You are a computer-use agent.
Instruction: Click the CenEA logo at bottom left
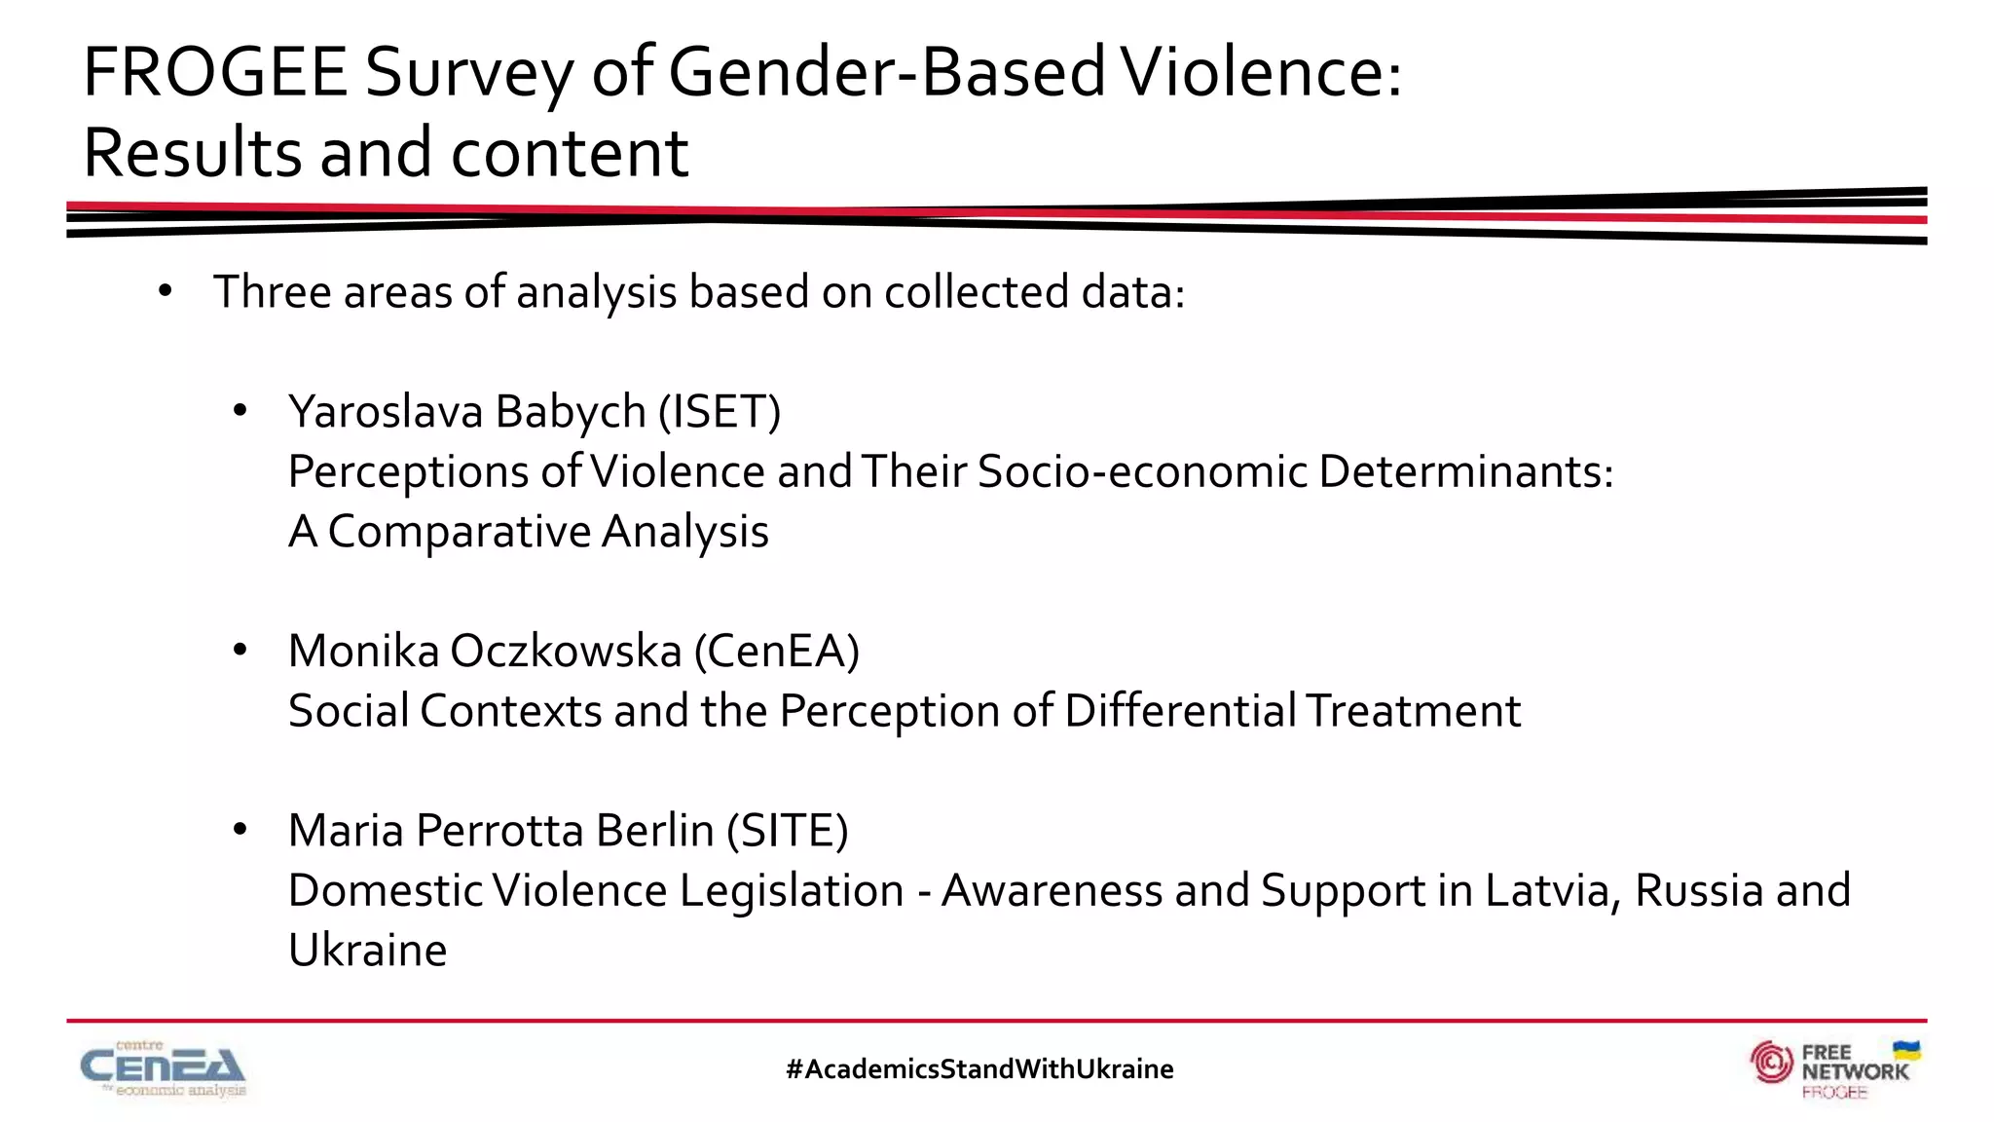(x=163, y=1069)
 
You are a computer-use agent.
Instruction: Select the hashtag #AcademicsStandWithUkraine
(x=979, y=1069)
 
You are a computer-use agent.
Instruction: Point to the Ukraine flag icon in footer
(x=1905, y=1051)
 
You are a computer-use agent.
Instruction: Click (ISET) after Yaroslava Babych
(x=720, y=412)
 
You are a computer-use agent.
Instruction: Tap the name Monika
(x=364, y=651)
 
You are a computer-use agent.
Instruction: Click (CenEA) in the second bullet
(x=776, y=651)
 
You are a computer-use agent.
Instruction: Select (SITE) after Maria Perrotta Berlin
(x=788, y=831)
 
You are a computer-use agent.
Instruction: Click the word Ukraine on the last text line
(x=368, y=950)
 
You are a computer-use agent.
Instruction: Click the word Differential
(x=1180, y=711)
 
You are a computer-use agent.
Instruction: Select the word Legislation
(x=792, y=890)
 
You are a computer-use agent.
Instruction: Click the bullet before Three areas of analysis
(x=165, y=291)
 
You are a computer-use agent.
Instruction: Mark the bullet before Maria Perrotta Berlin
(x=240, y=830)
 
